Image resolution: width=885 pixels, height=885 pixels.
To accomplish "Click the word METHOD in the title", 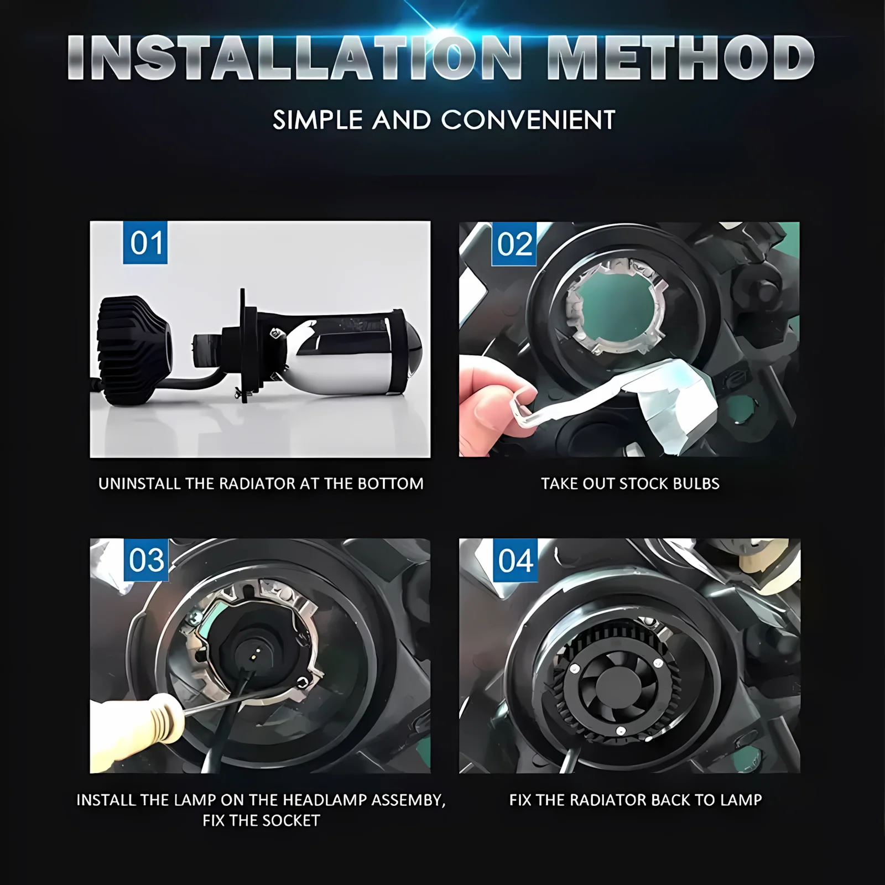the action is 680,58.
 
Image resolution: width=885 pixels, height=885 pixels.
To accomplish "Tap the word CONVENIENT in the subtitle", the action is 528,120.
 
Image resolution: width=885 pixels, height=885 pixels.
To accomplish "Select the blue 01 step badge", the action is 145,243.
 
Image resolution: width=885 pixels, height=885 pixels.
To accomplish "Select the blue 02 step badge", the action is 514,244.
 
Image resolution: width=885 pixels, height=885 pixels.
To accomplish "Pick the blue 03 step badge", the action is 146,560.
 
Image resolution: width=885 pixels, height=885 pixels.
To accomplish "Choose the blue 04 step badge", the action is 515,560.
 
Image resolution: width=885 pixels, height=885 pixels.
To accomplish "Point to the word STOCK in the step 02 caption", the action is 641,483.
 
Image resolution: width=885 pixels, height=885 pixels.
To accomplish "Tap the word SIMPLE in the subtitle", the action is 317,120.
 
